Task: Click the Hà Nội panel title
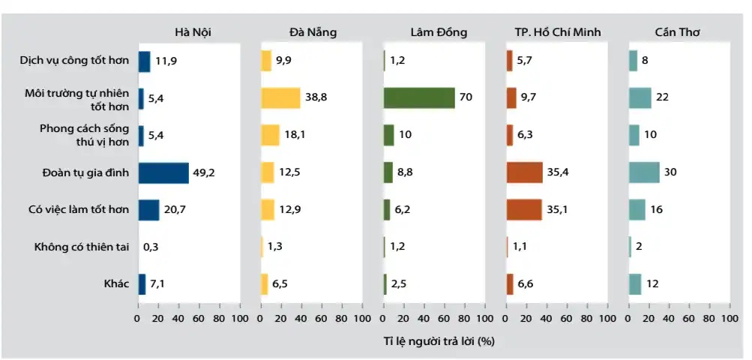pos(189,31)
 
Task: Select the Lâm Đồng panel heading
pos(439,31)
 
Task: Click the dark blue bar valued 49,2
pos(163,172)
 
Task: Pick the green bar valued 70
pos(419,97)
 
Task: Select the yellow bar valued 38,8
pos(280,97)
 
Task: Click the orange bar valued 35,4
pos(524,172)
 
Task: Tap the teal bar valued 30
pos(644,172)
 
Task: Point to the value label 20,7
pos(175,210)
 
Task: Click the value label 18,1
pos(293,135)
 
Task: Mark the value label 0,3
pos(151,247)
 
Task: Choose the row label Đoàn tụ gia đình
pos(87,172)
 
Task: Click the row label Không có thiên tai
pos(82,247)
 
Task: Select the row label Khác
pos(116,284)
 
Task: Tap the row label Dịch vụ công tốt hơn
pos(75,61)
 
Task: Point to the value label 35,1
pos(557,210)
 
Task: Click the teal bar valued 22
pos(640,97)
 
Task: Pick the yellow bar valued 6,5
pos(264,284)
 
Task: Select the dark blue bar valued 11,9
pos(144,61)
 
